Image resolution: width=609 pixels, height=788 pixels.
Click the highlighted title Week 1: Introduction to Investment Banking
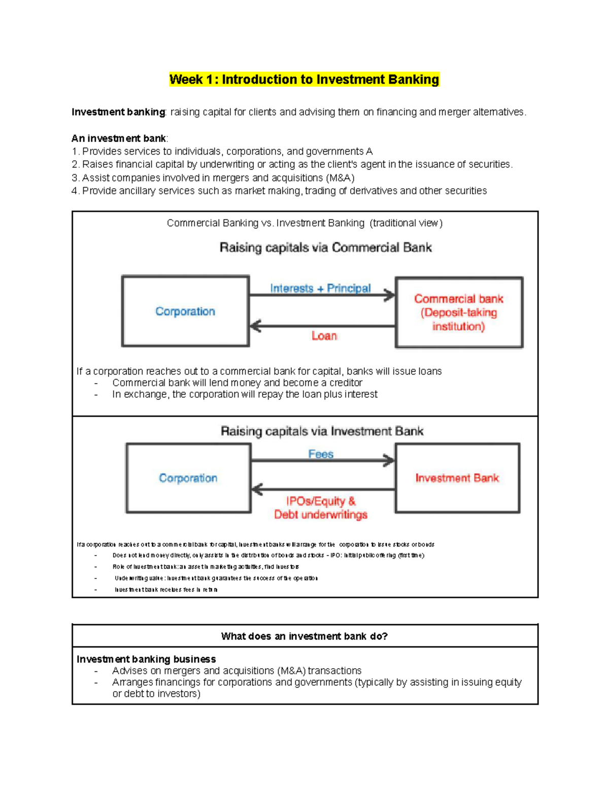point(304,80)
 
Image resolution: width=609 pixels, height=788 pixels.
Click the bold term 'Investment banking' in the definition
point(118,112)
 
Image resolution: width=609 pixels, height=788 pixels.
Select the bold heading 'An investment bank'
point(119,139)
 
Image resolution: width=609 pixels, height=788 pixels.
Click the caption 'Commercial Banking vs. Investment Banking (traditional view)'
point(304,223)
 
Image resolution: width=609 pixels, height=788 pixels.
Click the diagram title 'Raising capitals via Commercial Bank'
point(325,248)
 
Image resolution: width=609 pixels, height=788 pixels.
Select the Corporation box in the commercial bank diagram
point(185,312)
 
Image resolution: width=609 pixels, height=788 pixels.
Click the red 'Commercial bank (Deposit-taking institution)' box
point(459,313)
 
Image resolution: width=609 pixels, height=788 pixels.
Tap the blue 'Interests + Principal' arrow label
point(320,288)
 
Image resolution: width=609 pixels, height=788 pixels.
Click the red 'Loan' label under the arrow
point(324,336)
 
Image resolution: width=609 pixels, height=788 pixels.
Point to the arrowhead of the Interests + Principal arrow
point(390,295)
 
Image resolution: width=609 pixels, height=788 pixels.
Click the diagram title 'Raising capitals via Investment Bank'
point(322,431)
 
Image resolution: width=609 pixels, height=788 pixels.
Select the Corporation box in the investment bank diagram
point(188,478)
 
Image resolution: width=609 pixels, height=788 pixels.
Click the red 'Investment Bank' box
point(457,478)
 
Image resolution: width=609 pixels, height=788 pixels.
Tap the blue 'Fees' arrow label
point(321,454)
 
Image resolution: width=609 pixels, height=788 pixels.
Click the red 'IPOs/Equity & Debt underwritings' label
point(321,508)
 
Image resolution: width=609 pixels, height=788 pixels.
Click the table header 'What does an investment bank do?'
point(304,636)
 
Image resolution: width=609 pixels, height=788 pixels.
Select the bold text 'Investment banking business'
point(146,659)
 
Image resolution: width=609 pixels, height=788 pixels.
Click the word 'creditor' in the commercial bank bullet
point(346,383)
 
